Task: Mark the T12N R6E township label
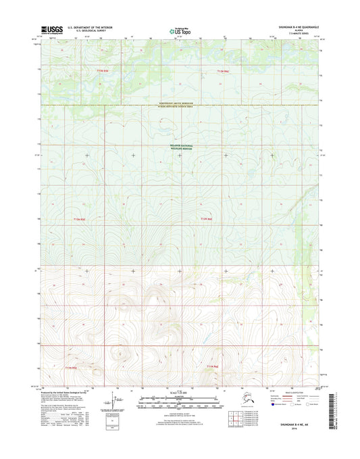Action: [x=206, y=220]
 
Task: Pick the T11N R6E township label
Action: [x=212, y=366]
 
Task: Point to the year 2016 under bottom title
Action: [x=295, y=429]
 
